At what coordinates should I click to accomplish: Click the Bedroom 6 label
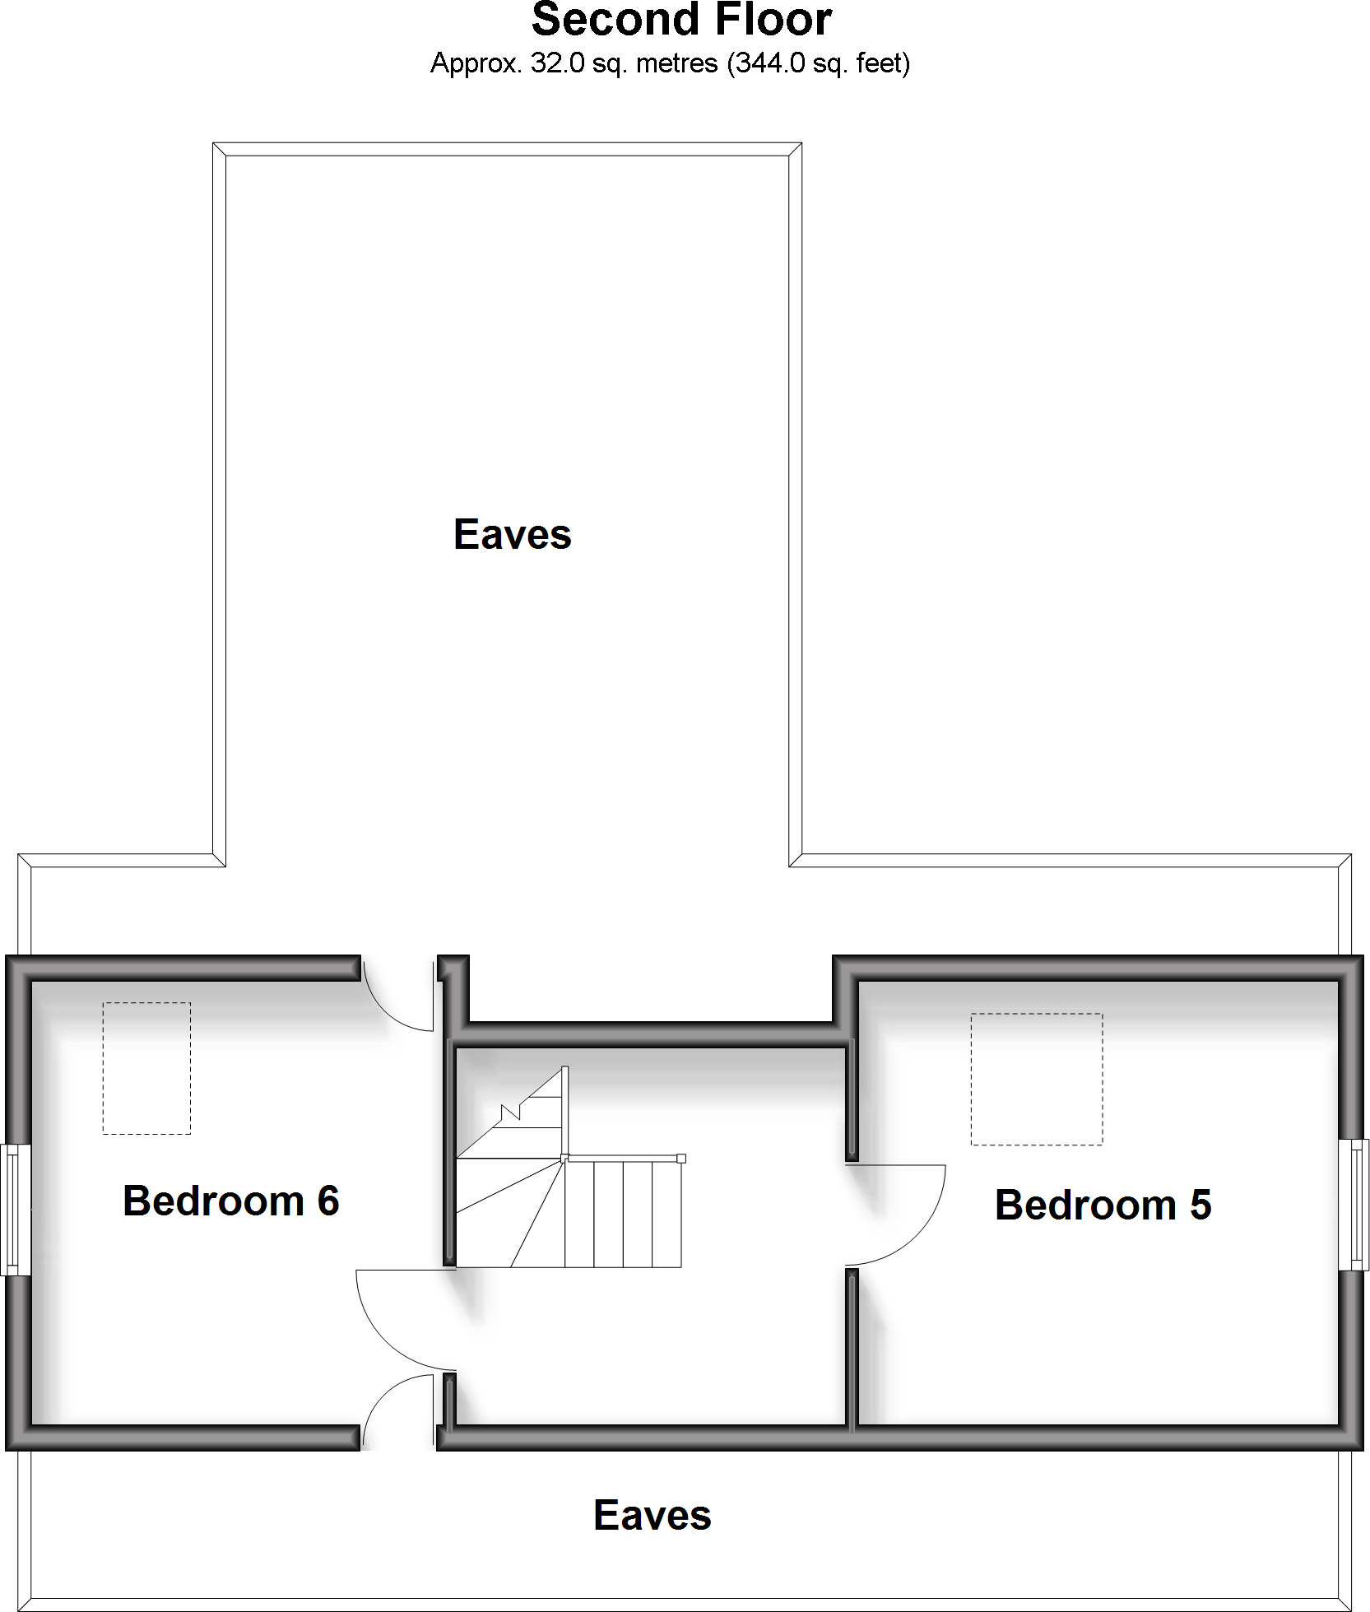(230, 1201)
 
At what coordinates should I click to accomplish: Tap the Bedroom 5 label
(1103, 1206)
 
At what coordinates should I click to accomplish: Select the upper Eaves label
(512, 535)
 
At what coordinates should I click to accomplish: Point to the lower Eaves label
(652, 1516)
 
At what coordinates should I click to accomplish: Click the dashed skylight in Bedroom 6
(146, 1068)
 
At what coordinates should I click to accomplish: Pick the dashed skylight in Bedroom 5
(1036, 1079)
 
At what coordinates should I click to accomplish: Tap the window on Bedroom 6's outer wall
(14, 1210)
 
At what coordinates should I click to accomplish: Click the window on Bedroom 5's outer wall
(1354, 1205)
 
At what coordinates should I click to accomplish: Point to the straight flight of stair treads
(624, 1215)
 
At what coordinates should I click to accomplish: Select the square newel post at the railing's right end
(681, 1159)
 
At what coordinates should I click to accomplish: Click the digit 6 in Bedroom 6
(328, 1201)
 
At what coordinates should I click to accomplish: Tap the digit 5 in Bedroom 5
(1200, 1206)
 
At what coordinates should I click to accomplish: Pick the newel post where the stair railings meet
(564, 1158)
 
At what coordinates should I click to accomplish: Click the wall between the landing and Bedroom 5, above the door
(852, 1103)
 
